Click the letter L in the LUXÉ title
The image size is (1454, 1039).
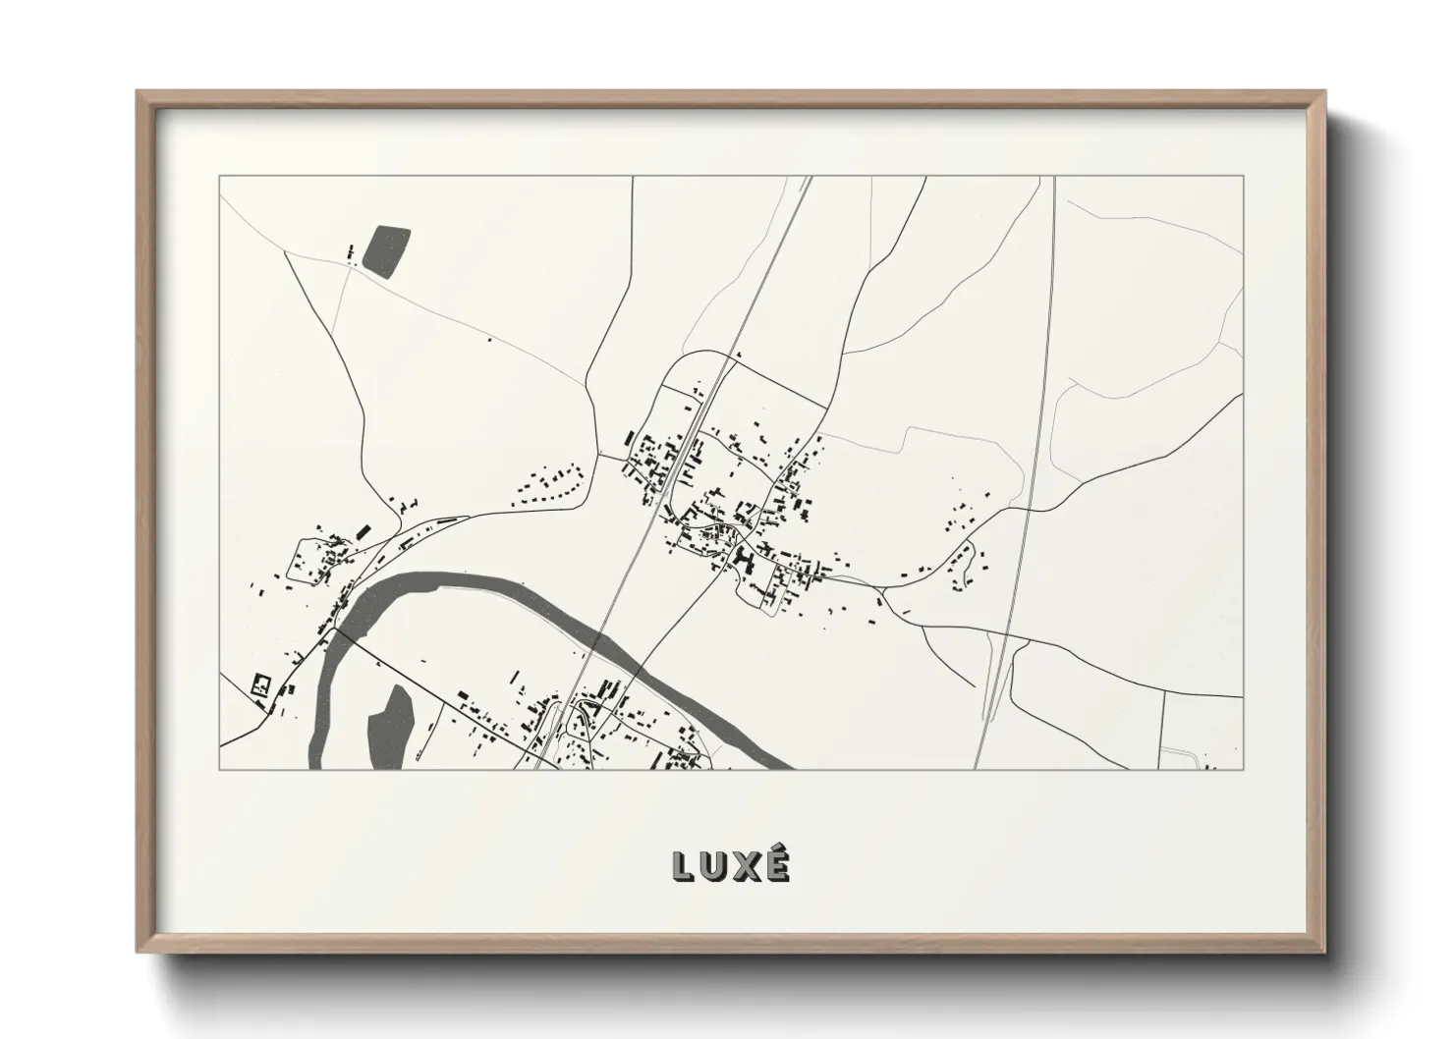coord(685,866)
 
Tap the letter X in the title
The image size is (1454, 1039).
coord(746,866)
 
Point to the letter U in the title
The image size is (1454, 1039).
coord(714,866)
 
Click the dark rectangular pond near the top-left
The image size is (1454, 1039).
coord(386,249)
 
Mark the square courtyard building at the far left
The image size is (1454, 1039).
coord(261,684)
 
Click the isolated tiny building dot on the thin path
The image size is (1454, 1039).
coord(490,341)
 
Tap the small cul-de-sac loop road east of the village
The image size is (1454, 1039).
coord(969,566)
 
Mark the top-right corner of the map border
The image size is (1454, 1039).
coord(1242,177)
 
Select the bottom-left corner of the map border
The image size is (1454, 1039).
coord(220,769)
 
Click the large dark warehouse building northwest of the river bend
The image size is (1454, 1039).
coord(363,531)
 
